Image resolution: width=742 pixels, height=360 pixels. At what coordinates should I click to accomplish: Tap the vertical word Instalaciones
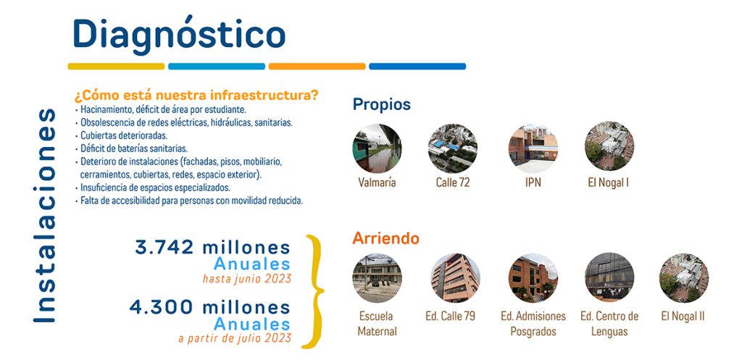pyautogui.click(x=45, y=216)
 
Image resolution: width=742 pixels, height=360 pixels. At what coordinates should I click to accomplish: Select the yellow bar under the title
pyautogui.click(x=116, y=66)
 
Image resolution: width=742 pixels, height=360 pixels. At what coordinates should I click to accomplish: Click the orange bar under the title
pyautogui.click(x=317, y=66)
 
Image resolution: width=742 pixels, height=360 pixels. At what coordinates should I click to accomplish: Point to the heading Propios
pyautogui.click(x=381, y=104)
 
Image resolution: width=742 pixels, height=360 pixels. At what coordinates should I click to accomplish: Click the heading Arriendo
pyautogui.click(x=385, y=238)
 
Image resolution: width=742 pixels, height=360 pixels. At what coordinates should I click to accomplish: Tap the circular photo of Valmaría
pyautogui.click(x=377, y=148)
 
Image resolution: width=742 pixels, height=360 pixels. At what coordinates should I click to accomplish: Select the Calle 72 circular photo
pyautogui.click(x=453, y=148)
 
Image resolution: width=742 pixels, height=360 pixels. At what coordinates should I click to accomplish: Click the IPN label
pyautogui.click(x=533, y=182)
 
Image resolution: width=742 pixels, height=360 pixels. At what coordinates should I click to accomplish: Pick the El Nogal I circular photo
pyautogui.click(x=609, y=146)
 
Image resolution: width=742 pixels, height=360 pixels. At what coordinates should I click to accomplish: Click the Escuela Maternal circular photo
pyautogui.click(x=377, y=278)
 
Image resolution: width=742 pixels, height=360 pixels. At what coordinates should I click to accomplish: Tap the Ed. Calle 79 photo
pyautogui.click(x=455, y=278)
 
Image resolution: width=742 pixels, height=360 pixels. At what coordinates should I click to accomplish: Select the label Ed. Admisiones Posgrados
pyautogui.click(x=533, y=324)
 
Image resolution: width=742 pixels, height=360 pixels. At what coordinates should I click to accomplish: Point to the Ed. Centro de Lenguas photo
pyautogui.click(x=609, y=277)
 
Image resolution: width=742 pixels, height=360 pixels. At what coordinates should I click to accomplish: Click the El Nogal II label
pyautogui.click(x=683, y=316)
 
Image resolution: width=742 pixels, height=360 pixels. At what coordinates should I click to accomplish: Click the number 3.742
pyautogui.click(x=164, y=247)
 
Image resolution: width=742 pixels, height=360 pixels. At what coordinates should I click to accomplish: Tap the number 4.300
pyautogui.click(x=162, y=307)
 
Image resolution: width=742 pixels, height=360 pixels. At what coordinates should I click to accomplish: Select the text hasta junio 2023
pyautogui.click(x=246, y=279)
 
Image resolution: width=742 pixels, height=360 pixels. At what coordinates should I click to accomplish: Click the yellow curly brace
pyautogui.click(x=313, y=291)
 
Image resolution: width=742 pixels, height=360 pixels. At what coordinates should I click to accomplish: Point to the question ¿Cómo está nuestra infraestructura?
pyautogui.click(x=196, y=96)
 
